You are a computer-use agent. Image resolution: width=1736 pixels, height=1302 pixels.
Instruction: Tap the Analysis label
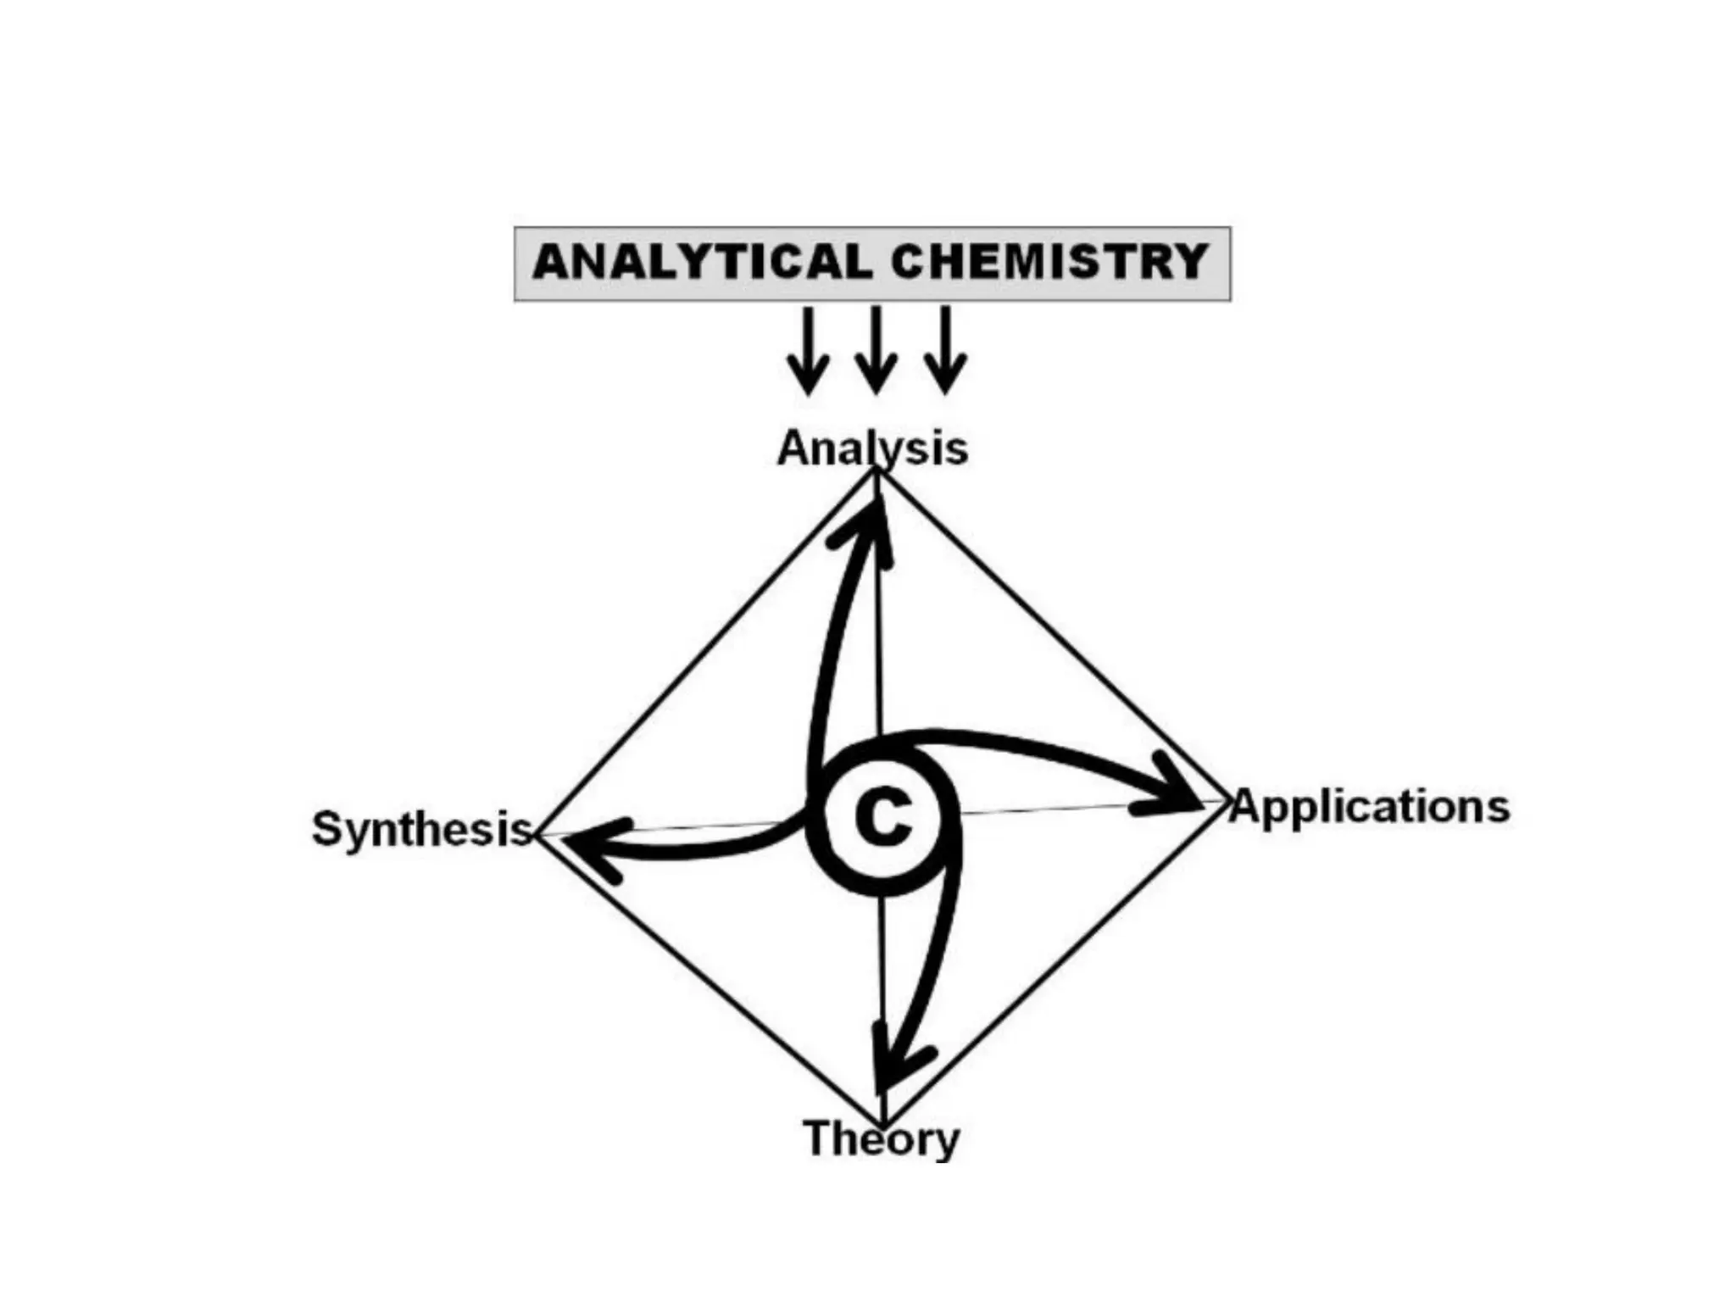click(872, 448)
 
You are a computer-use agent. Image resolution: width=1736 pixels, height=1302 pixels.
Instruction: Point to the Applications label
click(1370, 806)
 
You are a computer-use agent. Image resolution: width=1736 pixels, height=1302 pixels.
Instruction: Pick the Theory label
click(882, 1138)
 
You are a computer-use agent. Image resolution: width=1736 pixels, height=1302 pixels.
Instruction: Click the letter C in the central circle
click(883, 819)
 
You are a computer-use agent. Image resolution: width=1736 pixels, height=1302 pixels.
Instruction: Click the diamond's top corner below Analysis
click(876, 473)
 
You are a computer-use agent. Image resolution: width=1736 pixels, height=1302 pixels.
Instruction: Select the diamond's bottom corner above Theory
click(883, 1123)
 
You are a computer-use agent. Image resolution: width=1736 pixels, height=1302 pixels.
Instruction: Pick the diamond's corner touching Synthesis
click(539, 835)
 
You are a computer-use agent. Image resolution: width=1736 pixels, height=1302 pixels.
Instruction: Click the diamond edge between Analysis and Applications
click(1051, 636)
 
